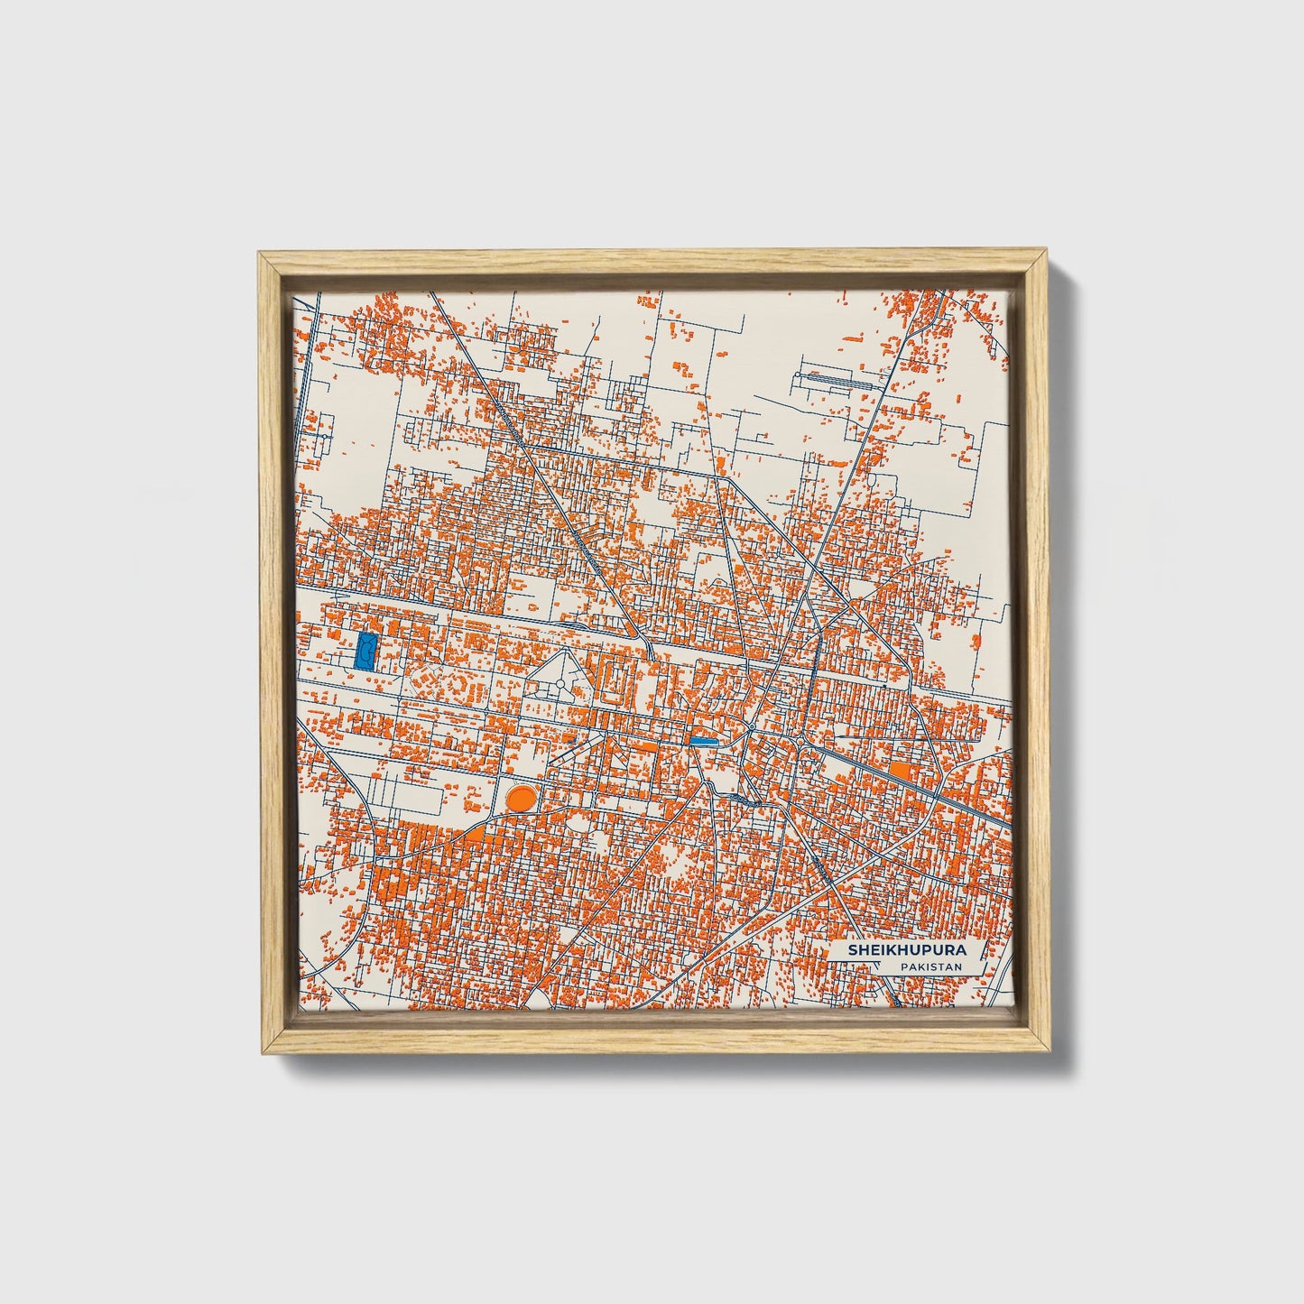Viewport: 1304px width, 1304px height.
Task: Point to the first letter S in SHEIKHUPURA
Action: pyautogui.click(x=851, y=951)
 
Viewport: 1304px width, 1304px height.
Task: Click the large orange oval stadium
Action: pyautogui.click(x=520, y=797)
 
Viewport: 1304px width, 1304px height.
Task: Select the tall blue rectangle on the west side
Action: pyautogui.click(x=366, y=649)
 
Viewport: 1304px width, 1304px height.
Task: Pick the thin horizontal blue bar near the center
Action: pyautogui.click(x=703, y=740)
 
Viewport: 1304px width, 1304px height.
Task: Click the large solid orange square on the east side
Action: pyautogui.click(x=901, y=772)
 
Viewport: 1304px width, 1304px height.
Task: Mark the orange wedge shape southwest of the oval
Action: pyautogui.click(x=478, y=835)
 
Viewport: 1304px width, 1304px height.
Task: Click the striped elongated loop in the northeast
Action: pyautogui.click(x=839, y=381)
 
